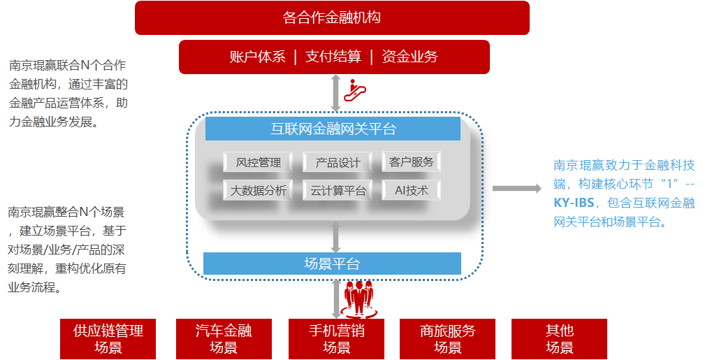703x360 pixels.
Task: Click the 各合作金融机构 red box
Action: click(x=332, y=18)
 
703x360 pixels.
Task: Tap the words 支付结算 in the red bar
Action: click(x=333, y=57)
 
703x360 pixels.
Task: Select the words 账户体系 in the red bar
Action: click(x=258, y=57)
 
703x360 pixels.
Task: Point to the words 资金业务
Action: click(x=410, y=57)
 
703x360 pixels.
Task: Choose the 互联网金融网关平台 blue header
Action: click(x=333, y=129)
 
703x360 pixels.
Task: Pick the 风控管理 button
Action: click(x=258, y=163)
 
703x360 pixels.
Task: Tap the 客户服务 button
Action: click(x=412, y=162)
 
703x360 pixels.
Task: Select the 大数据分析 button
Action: click(x=258, y=190)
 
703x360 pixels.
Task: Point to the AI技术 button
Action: click(x=412, y=190)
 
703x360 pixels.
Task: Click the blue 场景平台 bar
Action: click(x=332, y=264)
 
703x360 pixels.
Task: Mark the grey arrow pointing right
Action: click(x=516, y=188)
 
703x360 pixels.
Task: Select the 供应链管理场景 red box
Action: click(x=108, y=339)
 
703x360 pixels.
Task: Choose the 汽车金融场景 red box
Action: click(x=224, y=339)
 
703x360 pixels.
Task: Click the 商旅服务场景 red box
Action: click(x=447, y=339)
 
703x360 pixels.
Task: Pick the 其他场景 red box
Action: click(x=559, y=339)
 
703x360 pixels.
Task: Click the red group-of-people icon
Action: click(x=361, y=298)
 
